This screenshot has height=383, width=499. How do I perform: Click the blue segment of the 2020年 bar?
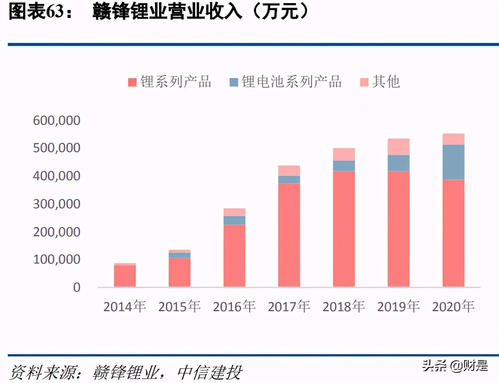point(453,162)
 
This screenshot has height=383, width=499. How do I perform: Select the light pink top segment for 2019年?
point(398,147)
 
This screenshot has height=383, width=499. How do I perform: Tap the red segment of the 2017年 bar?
point(289,235)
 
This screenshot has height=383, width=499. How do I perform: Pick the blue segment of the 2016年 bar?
point(234,220)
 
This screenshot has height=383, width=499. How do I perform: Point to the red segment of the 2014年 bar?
point(125,276)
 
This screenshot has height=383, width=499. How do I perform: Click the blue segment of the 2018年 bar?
point(344,166)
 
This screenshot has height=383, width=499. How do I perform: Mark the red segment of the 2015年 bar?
point(180,272)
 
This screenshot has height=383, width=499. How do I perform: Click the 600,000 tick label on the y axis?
point(57,121)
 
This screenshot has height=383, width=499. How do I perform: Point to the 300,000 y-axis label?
point(57,204)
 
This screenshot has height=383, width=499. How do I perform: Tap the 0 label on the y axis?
point(77,287)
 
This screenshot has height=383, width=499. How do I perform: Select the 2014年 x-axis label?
point(125,307)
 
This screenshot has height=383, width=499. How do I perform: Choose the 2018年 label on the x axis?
point(344,307)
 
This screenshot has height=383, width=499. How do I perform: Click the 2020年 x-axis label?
point(453,307)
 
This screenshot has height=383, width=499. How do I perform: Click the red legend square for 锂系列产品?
point(132,82)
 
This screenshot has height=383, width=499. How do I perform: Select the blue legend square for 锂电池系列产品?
point(234,82)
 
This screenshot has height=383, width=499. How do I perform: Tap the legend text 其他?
point(386,82)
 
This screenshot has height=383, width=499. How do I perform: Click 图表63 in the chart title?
point(37,11)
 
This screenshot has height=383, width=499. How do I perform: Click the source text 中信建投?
point(210,372)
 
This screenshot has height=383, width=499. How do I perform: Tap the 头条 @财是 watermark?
point(455,365)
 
